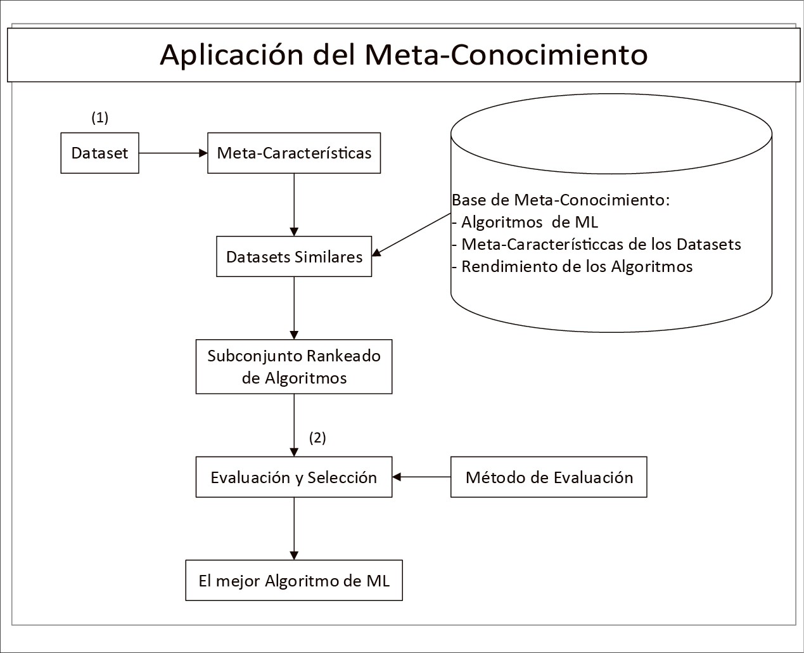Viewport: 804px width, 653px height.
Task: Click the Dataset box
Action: [99, 153]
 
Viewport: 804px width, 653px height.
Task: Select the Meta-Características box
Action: [294, 153]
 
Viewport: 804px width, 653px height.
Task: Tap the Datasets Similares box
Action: [294, 256]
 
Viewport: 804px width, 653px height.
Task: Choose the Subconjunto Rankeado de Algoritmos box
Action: [294, 366]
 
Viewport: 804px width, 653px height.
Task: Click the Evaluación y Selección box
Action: [294, 477]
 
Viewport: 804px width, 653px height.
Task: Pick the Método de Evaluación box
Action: [549, 477]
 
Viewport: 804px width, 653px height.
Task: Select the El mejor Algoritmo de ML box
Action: [294, 581]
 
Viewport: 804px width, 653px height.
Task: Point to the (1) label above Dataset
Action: [100, 117]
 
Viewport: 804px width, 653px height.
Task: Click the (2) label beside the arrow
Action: [317, 437]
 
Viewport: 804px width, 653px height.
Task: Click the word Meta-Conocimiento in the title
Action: [506, 55]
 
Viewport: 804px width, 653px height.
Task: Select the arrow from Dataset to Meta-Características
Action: [173, 153]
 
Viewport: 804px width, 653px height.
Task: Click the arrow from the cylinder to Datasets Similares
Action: [411, 235]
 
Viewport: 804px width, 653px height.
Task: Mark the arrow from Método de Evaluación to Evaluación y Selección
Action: [421, 477]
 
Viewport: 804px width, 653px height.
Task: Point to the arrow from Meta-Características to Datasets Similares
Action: [294, 205]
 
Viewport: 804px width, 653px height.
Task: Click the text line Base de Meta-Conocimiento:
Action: [561, 200]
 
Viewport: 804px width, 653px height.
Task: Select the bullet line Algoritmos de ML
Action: [525, 222]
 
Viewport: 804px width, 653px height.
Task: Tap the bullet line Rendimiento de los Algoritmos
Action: [572, 267]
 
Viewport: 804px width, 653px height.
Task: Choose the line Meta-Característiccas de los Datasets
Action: [596, 244]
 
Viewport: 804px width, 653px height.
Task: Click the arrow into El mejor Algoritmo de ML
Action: [294, 529]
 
